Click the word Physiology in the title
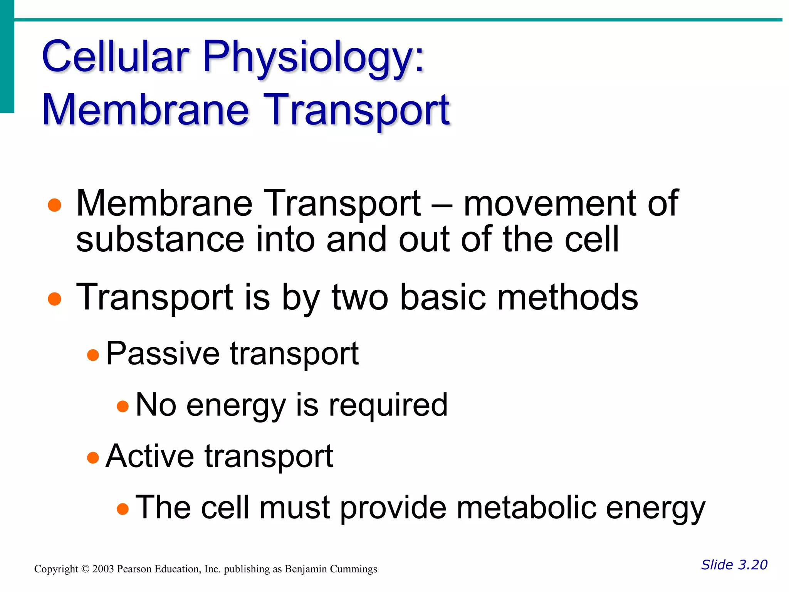click(x=312, y=58)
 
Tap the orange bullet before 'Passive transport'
click(x=93, y=355)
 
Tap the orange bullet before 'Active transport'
click(x=93, y=457)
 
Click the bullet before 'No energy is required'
click(x=123, y=406)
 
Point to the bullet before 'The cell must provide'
click(x=123, y=509)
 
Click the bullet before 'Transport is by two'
click(x=55, y=299)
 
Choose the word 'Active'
click(x=149, y=456)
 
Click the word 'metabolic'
click(x=526, y=508)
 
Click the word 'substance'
click(x=160, y=240)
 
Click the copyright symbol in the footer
click(x=85, y=569)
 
